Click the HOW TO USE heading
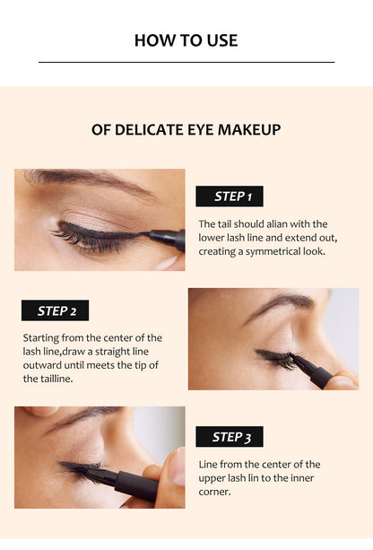tap(186, 40)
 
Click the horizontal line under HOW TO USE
tap(186, 62)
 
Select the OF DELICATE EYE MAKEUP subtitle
tap(186, 130)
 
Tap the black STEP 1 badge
tap(229, 196)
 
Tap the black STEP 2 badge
tap(55, 311)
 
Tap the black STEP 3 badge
tap(229, 437)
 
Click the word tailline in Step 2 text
tap(42, 379)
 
